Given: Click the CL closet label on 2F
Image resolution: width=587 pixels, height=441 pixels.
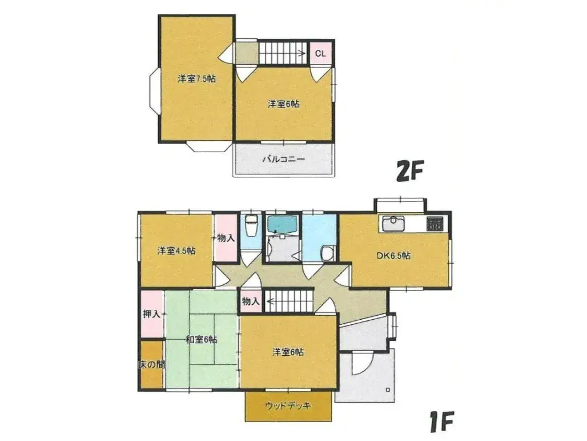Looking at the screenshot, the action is (x=320, y=54).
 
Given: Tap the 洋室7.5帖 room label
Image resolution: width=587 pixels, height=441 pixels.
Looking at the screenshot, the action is (x=196, y=79).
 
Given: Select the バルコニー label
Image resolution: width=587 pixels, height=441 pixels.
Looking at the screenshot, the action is (x=283, y=159).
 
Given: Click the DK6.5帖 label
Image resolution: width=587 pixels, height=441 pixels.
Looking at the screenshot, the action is (x=393, y=256).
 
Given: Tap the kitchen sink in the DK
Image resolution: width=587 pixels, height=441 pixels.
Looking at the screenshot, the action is (x=393, y=224).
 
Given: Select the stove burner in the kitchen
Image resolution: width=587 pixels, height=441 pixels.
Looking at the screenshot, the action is (x=435, y=224).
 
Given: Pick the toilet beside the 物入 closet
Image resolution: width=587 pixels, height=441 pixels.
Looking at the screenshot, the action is (x=250, y=226).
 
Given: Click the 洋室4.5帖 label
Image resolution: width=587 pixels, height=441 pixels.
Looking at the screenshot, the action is (x=176, y=251).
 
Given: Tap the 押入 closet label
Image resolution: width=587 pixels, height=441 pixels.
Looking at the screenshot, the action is (x=152, y=314).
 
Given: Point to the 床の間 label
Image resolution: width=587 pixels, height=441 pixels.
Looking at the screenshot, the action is (x=151, y=364).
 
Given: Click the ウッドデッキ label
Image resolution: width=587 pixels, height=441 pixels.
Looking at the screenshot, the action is (x=288, y=406).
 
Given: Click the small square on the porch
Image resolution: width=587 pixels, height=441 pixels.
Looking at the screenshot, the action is (x=388, y=390).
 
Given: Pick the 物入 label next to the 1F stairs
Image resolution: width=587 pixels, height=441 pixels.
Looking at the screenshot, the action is (x=251, y=301).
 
